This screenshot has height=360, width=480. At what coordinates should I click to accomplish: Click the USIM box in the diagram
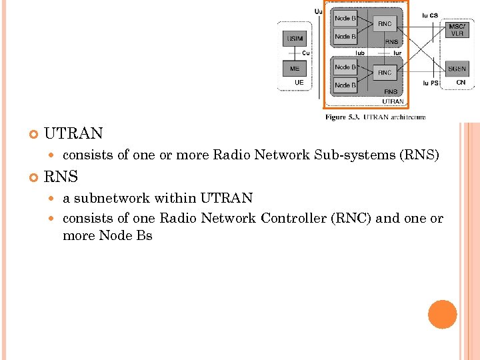point(295,39)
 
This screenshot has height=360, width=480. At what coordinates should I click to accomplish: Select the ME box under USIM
point(295,69)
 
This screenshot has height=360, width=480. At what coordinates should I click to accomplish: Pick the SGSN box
point(457,69)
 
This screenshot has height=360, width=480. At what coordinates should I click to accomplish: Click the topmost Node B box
point(345,19)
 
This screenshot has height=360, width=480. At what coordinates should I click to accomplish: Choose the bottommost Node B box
point(345,85)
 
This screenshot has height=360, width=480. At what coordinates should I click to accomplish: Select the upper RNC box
point(385,24)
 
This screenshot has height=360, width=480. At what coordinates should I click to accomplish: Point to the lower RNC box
point(385,72)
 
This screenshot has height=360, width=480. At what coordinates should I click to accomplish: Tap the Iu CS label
point(430,15)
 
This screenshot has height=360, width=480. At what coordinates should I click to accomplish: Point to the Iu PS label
point(430,83)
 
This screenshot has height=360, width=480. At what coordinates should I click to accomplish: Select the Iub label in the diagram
point(360,52)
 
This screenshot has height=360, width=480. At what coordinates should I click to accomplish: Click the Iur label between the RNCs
point(397,52)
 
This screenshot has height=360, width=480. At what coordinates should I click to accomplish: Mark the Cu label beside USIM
point(305,53)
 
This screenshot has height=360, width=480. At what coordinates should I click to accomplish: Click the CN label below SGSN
point(461,83)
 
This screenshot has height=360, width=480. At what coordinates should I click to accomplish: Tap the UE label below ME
point(299,83)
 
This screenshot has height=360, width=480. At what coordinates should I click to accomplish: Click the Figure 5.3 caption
point(375,117)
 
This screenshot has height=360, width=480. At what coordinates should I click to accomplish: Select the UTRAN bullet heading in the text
point(73,133)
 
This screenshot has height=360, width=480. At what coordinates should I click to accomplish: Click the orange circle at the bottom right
point(443,314)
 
